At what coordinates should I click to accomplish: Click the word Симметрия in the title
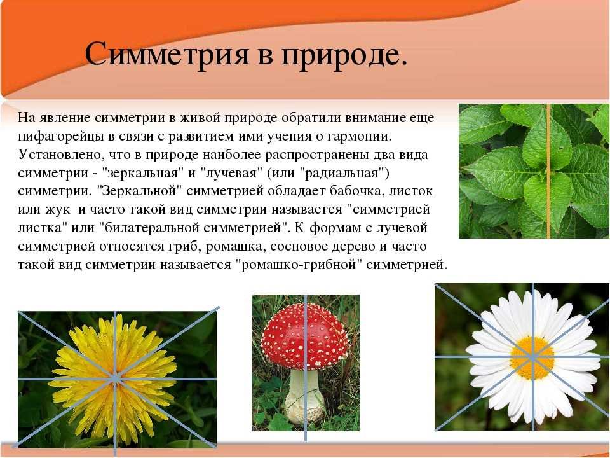click(x=166, y=53)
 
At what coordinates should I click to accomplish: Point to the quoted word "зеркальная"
click(x=144, y=173)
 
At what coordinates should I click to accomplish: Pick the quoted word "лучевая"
click(x=230, y=173)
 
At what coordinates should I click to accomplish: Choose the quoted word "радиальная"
click(x=342, y=173)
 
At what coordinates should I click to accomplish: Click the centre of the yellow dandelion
click(x=115, y=378)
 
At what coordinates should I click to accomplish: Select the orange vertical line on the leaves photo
click(x=548, y=171)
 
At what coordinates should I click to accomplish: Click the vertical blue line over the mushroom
click(x=306, y=368)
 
